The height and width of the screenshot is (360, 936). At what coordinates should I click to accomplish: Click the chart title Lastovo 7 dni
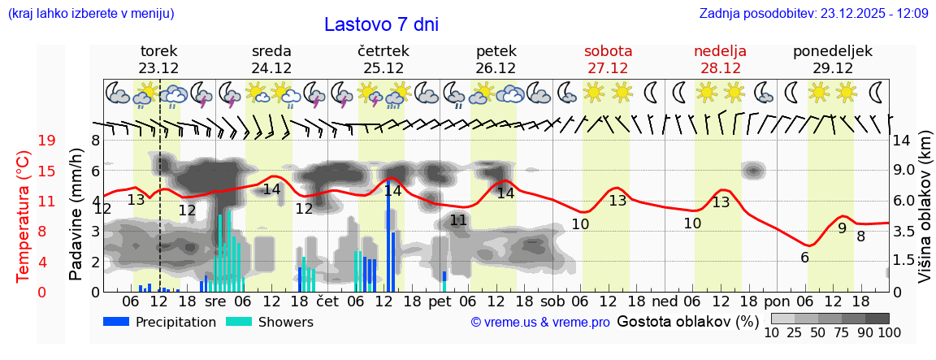click(x=381, y=24)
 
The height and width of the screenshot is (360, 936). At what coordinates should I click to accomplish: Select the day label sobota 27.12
click(x=608, y=59)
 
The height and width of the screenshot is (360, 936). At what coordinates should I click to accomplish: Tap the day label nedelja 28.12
click(x=720, y=59)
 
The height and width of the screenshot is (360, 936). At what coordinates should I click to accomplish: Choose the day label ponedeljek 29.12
click(x=833, y=59)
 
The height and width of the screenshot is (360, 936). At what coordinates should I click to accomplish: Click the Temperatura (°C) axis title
click(x=24, y=216)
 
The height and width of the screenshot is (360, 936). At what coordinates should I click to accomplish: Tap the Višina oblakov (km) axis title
click(x=925, y=216)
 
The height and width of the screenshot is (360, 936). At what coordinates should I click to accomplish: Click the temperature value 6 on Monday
click(x=804, y=258)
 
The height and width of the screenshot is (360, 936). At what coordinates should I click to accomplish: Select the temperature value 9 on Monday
click(x=842, y=228)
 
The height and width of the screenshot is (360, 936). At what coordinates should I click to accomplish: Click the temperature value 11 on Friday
click(x=458, y=220)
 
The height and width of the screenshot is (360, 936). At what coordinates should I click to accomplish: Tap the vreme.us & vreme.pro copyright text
click(x=540, y=323)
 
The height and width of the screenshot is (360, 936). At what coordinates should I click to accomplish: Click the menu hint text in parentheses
click(x=91, y=14)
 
